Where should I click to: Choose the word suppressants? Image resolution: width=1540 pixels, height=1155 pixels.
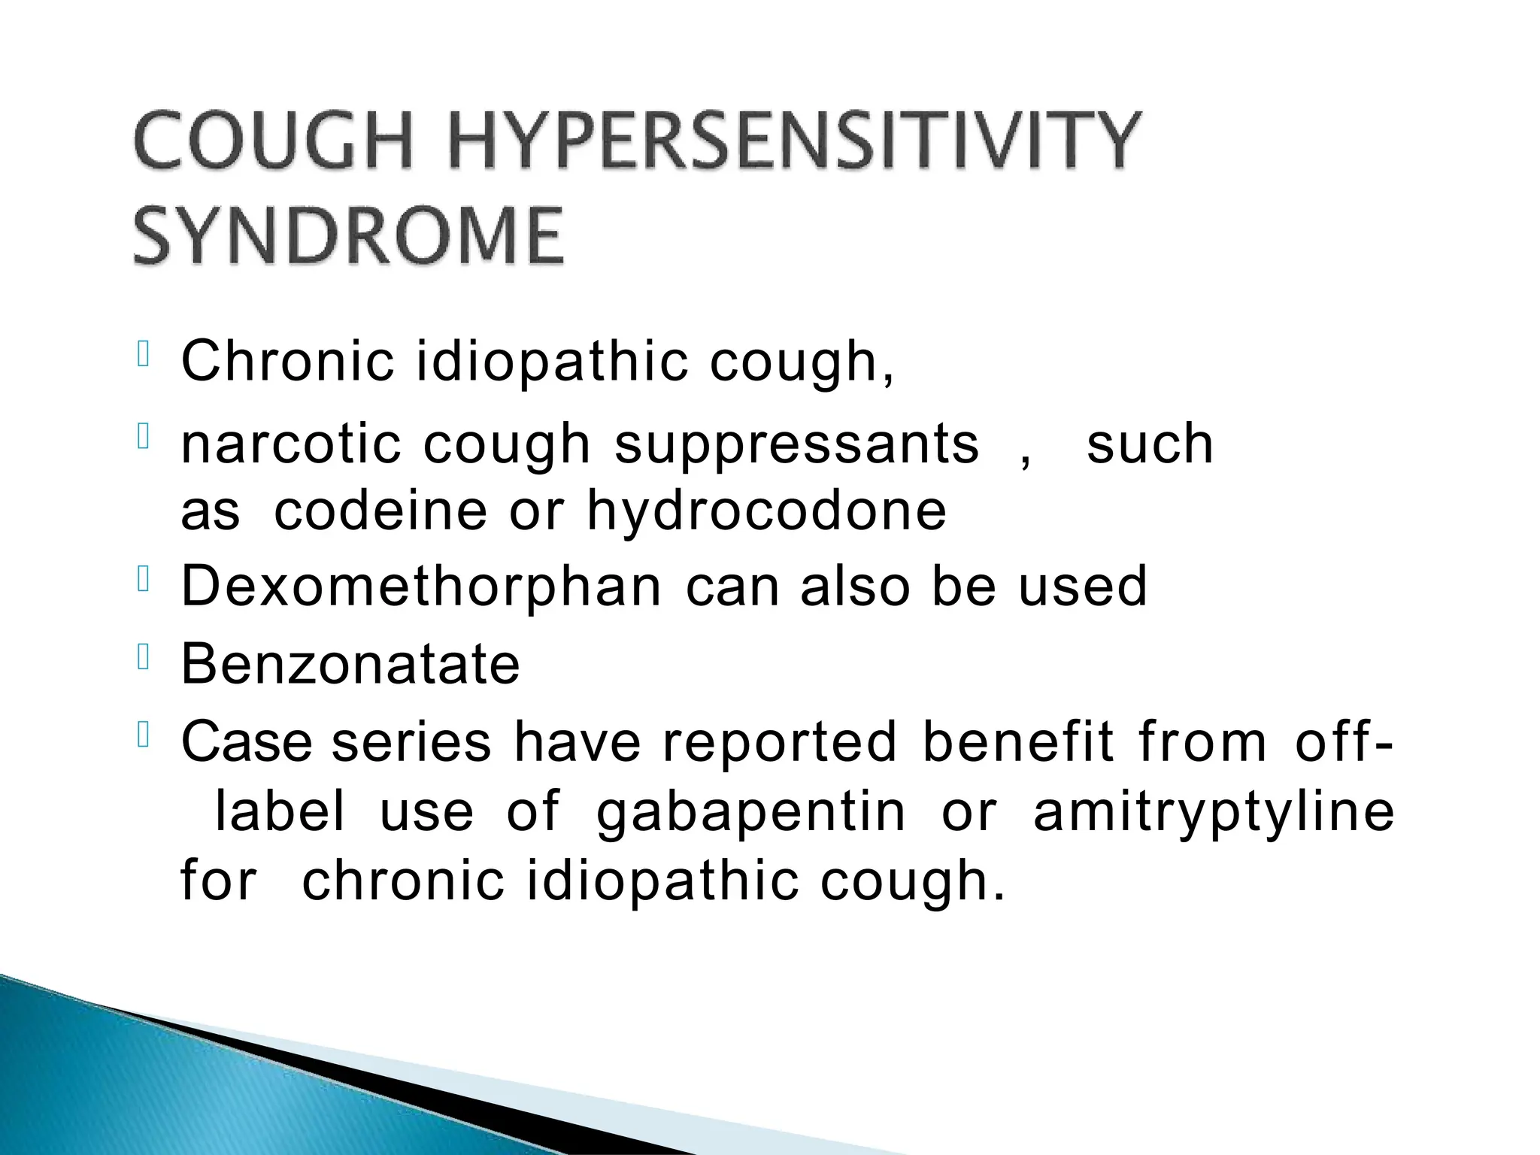(x=797, y=445)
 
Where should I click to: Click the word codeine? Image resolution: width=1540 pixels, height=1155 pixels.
(x=380, y=511)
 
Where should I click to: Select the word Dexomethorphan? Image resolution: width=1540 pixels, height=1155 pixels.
(x=422, y=587)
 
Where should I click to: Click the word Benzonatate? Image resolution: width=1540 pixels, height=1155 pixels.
(x=350, y=665)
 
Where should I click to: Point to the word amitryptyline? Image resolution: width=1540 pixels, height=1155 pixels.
(x=1214, y=814)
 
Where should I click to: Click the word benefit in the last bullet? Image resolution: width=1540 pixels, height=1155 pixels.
(x=1018, y=742)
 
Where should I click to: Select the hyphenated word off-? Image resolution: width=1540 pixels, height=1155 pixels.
(x=1343, y=742)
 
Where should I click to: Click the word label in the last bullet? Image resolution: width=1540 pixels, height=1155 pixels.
(x=280, y=812)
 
